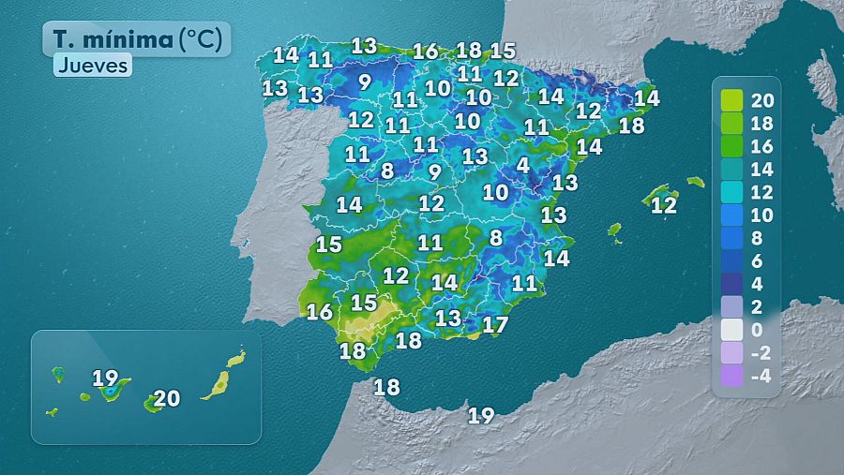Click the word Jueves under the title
92,66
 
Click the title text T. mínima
110,39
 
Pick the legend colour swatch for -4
732,377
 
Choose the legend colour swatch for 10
732,215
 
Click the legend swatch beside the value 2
732,307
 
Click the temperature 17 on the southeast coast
494,325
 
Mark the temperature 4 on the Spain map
522,165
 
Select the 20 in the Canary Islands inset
166,398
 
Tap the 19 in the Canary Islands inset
105,379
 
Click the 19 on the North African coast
481,415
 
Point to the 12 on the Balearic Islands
664,205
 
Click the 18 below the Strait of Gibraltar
386,386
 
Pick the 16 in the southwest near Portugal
320,312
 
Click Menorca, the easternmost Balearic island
695,182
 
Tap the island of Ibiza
615,230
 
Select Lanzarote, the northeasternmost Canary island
236,358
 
